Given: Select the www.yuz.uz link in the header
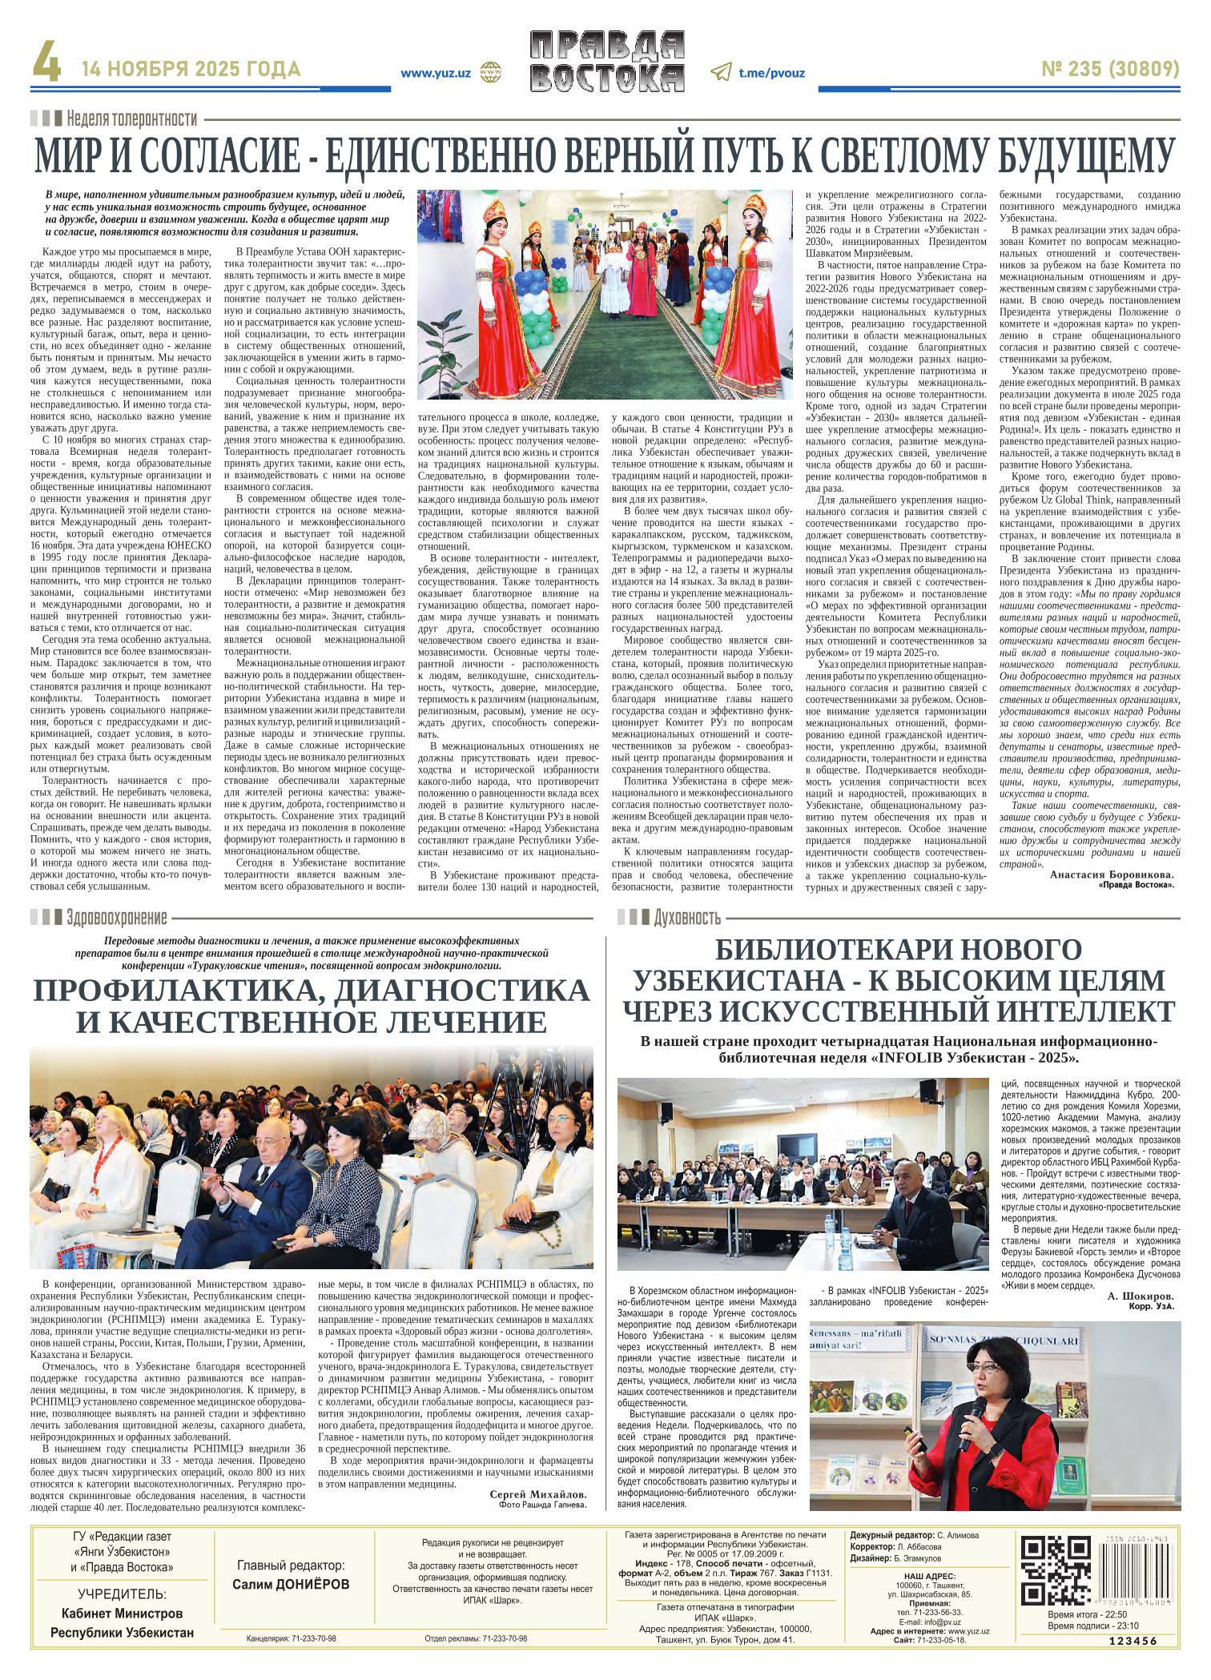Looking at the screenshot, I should click(436, 72).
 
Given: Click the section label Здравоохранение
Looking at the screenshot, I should click(117, 917).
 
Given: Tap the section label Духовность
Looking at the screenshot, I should click(687, 917).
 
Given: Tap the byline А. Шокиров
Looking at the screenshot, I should click(1141, 1296).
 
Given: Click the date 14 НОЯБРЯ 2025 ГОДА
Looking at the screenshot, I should click(191, 70).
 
